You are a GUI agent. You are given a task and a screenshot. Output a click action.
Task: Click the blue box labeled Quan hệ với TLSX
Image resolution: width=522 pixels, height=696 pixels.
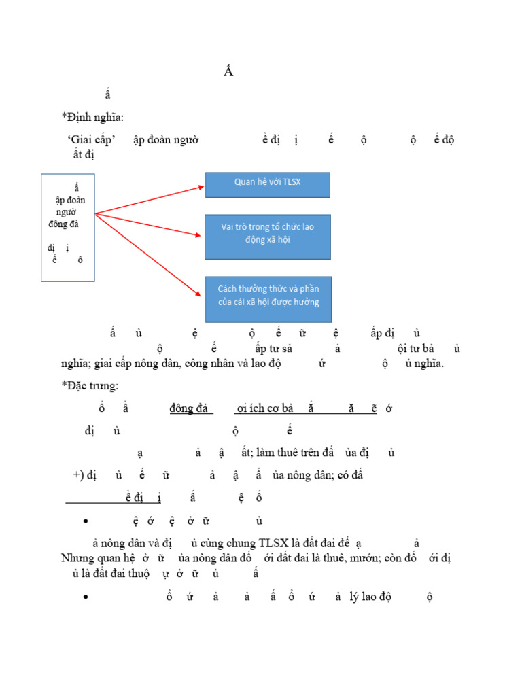268,185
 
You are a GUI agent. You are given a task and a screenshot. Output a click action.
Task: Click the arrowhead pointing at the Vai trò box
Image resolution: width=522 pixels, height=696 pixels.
198,235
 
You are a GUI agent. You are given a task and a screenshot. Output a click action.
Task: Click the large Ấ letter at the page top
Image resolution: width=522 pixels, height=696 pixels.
228,73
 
